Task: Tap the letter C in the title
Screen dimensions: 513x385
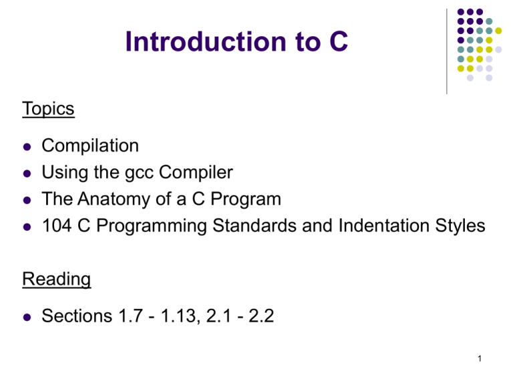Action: (339, 41)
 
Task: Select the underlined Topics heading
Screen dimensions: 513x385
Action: (48, 109)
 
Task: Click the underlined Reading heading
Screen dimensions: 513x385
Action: (57, 280)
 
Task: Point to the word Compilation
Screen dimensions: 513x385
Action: (90, 146)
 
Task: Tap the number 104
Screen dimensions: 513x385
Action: (57, 225)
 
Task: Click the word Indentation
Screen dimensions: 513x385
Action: (383, 225)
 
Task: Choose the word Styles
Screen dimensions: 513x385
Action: (460, 226)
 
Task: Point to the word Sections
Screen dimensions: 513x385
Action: (77, 316)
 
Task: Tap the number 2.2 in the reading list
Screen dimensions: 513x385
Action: (261, 316)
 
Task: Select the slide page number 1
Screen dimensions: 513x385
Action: (480, 359)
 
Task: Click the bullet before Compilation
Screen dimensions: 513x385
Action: (27, 146)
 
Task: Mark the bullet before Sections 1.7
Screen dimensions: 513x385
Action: (27, 317)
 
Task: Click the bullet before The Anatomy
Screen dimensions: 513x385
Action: (27, 200)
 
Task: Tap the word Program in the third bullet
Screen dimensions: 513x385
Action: (246, 200)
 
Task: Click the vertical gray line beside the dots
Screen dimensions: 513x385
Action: (447, 51)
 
